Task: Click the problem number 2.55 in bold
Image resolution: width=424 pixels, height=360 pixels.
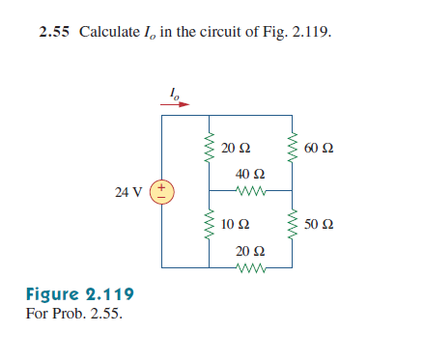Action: pos(55,32)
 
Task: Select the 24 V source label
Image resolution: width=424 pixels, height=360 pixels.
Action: pos(127,192)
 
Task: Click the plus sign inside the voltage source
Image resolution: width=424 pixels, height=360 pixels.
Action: pos(162,185)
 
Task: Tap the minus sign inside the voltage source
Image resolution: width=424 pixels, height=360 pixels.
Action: pos(162,198)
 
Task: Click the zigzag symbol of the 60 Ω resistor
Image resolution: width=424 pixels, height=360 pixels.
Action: pos(294,149)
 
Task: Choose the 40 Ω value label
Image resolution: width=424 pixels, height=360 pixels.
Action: pos(250,174)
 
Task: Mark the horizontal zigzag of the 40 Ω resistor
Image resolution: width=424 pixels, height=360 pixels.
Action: pos(251,190)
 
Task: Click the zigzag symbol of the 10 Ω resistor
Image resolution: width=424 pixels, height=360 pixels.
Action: pos(208,229)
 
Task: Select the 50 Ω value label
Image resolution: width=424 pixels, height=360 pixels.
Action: pos(318,225)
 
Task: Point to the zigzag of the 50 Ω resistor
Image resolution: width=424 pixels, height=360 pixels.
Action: pos(294,225)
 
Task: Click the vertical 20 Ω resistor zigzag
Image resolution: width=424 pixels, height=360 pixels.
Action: pos(208,149)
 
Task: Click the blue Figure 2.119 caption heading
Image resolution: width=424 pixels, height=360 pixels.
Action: pos(79,294)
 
